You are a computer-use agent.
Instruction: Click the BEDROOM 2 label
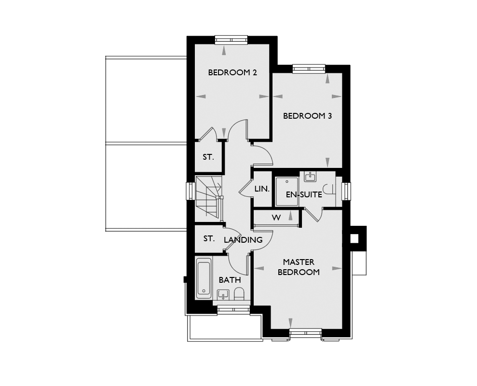click(232, 72)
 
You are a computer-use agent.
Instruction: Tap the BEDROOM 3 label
click(307, 116)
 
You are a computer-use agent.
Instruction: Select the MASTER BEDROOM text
click(299, 267)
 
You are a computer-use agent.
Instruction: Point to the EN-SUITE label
click(304, 194)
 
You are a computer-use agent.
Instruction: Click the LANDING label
click(243, 240)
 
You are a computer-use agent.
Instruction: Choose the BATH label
click(230, 280)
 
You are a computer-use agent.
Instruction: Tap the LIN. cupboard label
click(262, 189)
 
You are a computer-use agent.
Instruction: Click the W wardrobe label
click(276, 218)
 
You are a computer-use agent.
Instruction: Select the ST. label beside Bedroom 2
click(208, 157)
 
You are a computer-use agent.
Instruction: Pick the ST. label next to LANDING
click(209, 239)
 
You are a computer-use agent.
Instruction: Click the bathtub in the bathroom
click(204, 278)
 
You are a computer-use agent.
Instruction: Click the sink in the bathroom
click(223, 295)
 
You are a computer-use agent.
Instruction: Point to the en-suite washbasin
click(310, 177)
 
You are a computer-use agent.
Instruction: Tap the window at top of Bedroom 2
click(231, 40)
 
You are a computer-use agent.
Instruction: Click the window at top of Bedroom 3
click(309, 69)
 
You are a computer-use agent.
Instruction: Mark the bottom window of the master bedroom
click(305, 333)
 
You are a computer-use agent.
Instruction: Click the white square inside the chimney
click(354, 239)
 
